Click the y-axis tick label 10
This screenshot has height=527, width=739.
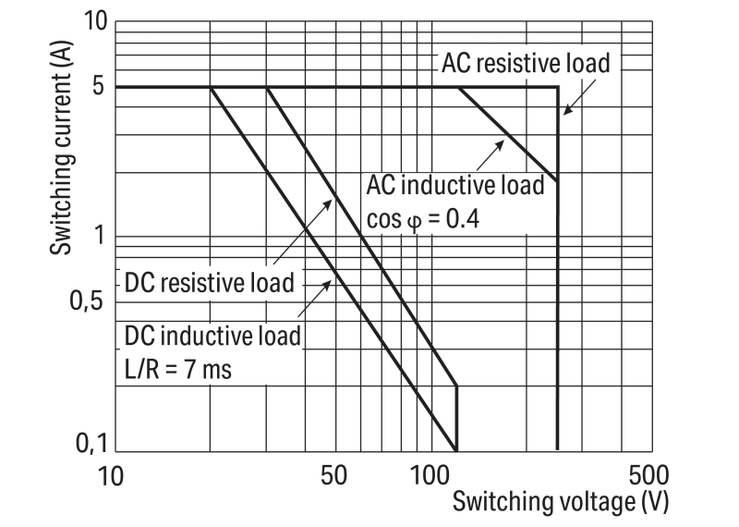[95, 20]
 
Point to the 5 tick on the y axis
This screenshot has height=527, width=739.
[98, 86]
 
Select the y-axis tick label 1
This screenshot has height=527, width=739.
[99, 235]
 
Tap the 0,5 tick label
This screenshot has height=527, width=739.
[86, 300]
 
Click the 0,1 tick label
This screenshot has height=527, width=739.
[91, 444]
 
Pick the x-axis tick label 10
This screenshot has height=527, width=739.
[111, 475]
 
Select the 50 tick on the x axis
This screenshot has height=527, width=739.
[333, 475]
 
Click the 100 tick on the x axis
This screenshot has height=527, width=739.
[430, 475]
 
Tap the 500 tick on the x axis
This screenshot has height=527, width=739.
[648, 475]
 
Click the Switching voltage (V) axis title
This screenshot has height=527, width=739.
[561, 502]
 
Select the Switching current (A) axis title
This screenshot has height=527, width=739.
[61, 148]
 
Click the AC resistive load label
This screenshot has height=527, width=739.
[526, 63]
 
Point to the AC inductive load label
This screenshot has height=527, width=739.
[455, 185]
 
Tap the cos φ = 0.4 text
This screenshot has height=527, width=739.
[423, 219]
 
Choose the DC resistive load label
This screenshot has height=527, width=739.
[210, 283]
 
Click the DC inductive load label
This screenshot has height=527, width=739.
[212, 337]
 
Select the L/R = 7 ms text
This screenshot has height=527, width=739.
[178, 369]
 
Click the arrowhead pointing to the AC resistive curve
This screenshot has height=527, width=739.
[568, 109]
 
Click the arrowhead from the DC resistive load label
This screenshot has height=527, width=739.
[328, 204]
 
